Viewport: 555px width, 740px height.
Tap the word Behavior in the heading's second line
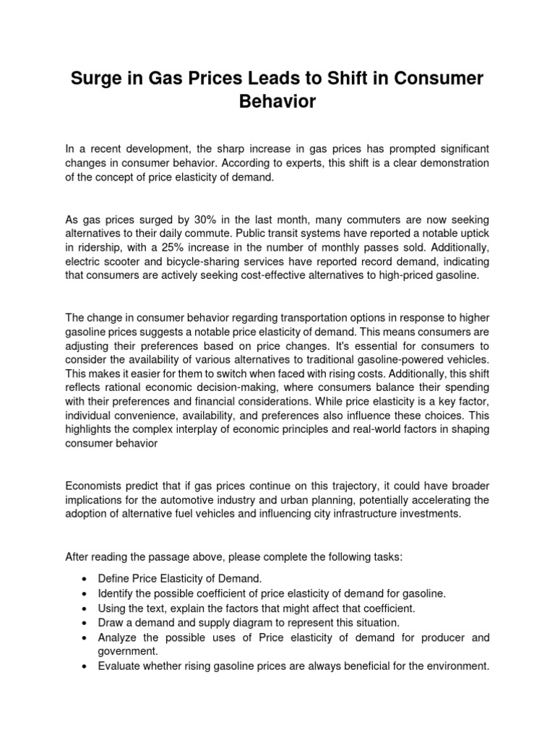tap(277, 101)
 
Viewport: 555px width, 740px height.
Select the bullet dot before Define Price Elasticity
tap(85, 580)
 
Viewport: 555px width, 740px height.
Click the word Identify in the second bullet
tap(116, 594)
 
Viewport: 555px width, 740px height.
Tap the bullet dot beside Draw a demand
tap(85, 622)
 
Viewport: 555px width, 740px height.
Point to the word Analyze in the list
tap(119, 638)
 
